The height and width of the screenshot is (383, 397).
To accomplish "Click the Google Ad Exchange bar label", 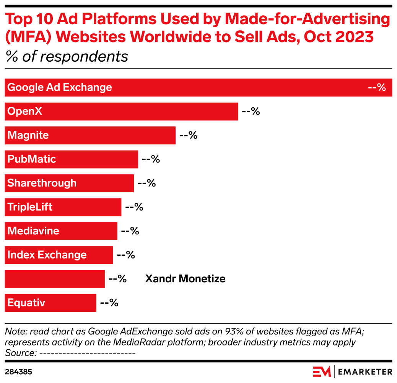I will pos(60,88).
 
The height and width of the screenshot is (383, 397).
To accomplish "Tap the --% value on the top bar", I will pos(377,88).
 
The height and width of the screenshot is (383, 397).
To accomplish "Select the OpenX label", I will pos(25,111).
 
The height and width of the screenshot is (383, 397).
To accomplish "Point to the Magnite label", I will pos(28,135).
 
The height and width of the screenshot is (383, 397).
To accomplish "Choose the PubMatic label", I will pos(32,159).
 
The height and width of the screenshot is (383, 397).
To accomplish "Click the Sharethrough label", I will pos(42,183).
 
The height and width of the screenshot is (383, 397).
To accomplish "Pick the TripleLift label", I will pos(30,207).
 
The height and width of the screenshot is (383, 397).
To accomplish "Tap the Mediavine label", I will pos(33,231).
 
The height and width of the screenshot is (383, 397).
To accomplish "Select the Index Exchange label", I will pos(47,255).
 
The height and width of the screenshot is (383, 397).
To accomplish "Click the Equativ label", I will pos(26,303).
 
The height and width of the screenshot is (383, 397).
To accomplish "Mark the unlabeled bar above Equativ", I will pos(54,279).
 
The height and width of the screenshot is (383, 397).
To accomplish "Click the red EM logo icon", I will pos(322,372).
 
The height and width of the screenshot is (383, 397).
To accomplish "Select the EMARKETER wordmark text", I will pos(365,372).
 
